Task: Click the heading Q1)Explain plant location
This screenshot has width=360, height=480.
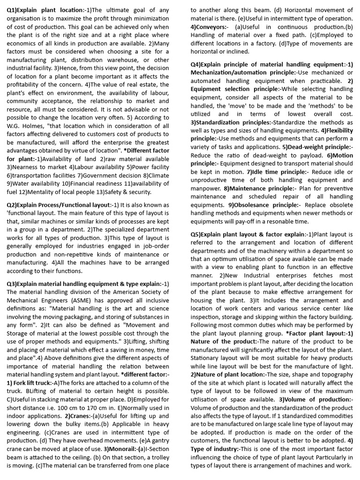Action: pyautogui.click(x=45, y=10)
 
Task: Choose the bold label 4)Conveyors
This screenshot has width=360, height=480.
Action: pyautogui.click(x=209, y=27)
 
